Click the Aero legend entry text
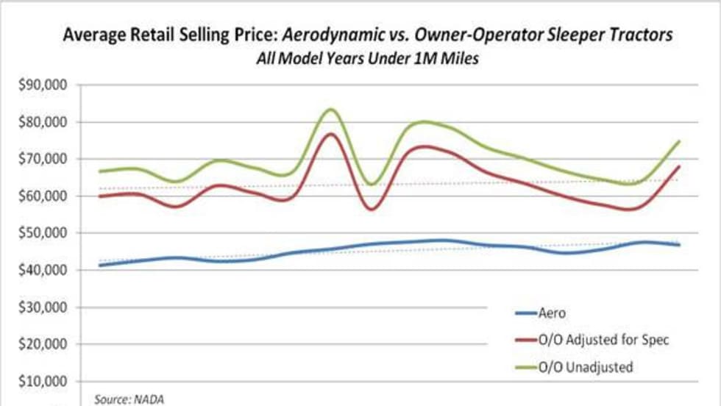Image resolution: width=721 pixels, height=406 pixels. pyautogui.click(x=553, y=313)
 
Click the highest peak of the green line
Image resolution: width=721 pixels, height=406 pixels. pyautogui.click(x=331, y=110)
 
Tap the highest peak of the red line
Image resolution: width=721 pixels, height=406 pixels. pyautogui.click(x=331, y=134)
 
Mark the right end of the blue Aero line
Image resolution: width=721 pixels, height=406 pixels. pyautogui.click(x=678, y=245)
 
